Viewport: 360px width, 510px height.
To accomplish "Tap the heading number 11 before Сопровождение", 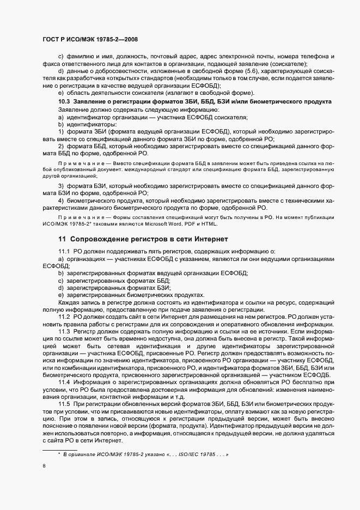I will tap(62, 239).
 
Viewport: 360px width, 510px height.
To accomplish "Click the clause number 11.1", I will tap(65, 251).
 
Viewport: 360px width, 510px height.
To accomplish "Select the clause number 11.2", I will tap(65, 317).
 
